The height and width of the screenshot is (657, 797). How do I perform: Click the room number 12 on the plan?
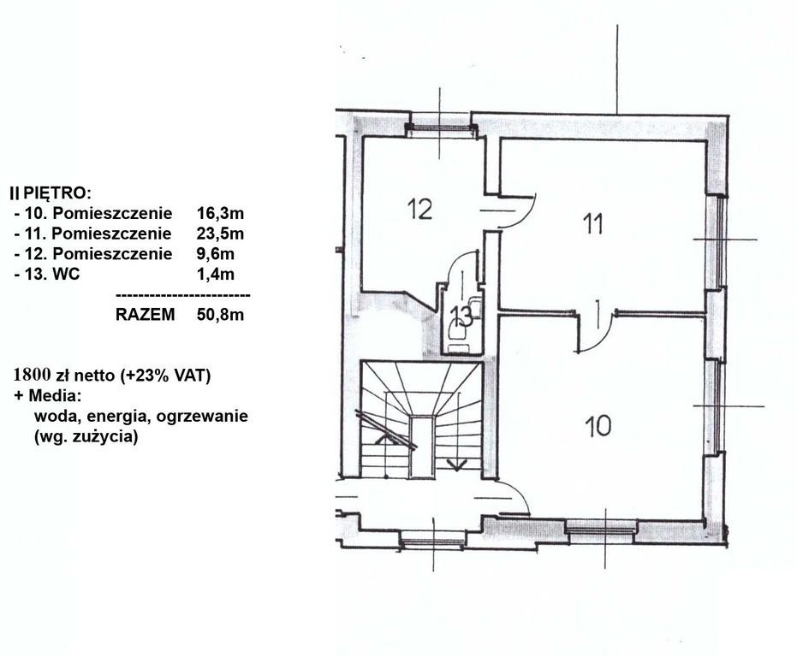tap(419, 209)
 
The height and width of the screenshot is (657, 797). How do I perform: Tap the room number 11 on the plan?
tap(592, 224)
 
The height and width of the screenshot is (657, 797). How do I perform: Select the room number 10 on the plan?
tap(598, 425)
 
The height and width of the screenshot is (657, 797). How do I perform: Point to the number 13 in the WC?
tap(461, 317)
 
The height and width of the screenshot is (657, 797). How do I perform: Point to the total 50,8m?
tap(221, 315)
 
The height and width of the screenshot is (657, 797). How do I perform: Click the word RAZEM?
tap(145, 315)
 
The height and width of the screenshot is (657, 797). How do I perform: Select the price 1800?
tap(33, 375)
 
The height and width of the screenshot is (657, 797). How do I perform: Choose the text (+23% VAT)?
tap(166, 376)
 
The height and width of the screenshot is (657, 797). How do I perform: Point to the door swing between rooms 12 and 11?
tap(517, 214)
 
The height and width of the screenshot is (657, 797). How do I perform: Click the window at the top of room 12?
tap(440, 129)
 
